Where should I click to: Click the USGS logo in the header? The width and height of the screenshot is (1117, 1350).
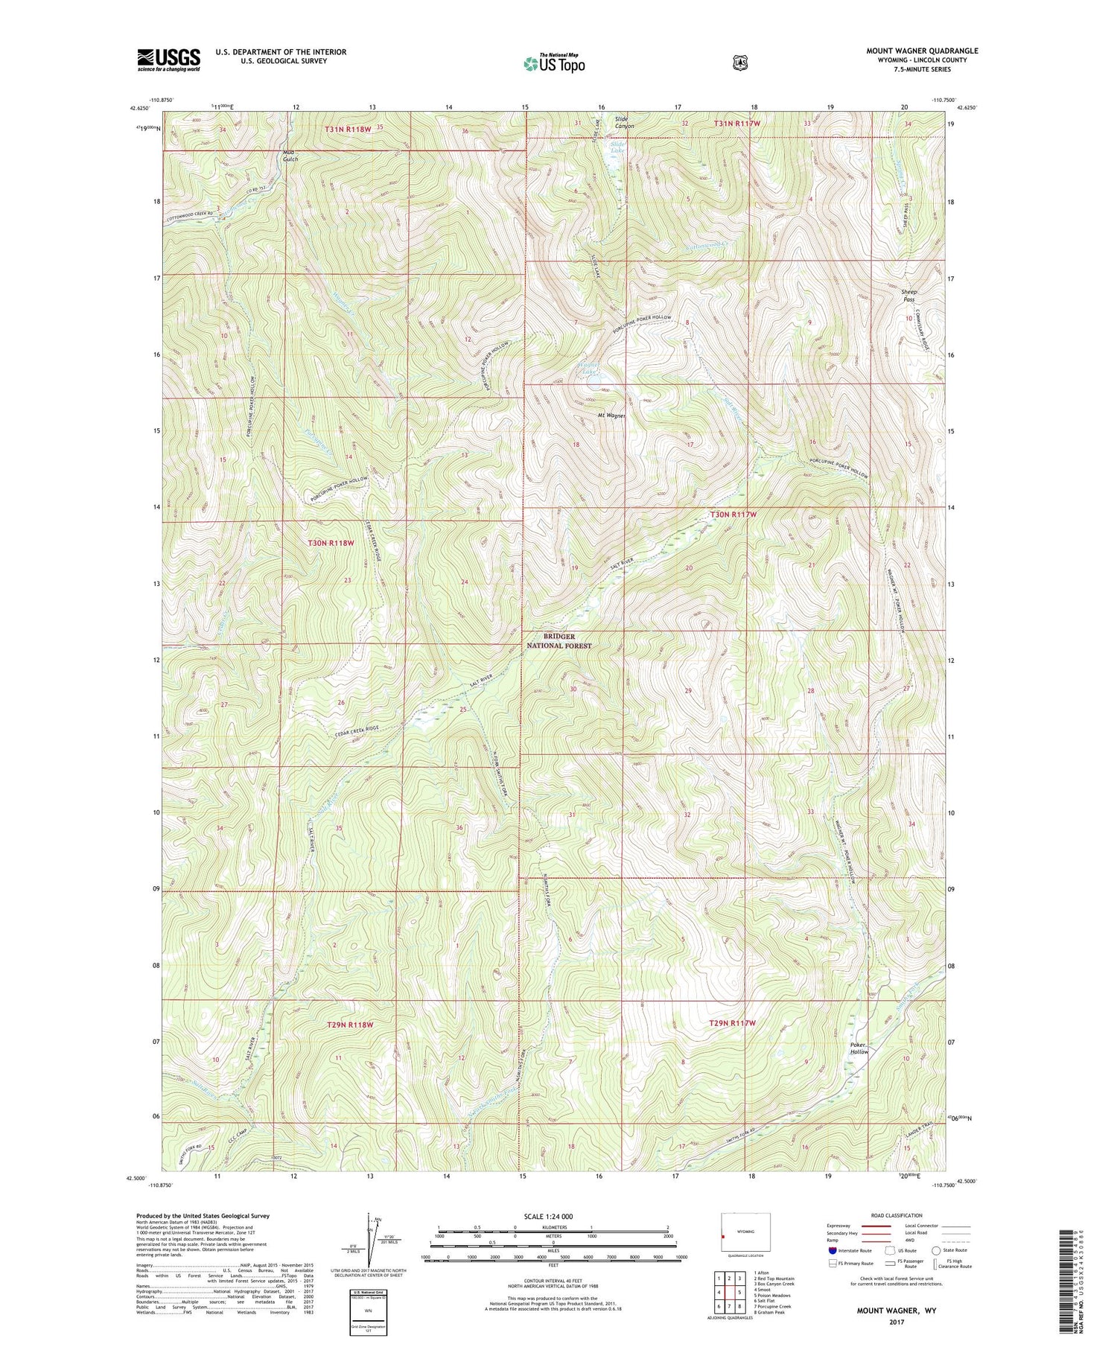coord(169,60)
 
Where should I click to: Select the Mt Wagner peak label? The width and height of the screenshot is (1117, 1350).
coord(611,415)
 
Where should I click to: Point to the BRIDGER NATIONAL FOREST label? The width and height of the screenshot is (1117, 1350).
coord(559,641)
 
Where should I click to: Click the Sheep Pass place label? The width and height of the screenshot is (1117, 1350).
coord(908,295)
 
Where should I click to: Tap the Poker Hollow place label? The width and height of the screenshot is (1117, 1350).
coord(859,1048)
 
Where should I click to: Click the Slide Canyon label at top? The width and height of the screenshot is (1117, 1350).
coord(624,123)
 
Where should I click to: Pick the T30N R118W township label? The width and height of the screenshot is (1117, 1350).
coord(331,543)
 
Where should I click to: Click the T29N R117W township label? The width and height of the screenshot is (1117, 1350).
coord(733,1023)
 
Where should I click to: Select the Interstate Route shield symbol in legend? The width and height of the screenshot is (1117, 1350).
coord(833,1250)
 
